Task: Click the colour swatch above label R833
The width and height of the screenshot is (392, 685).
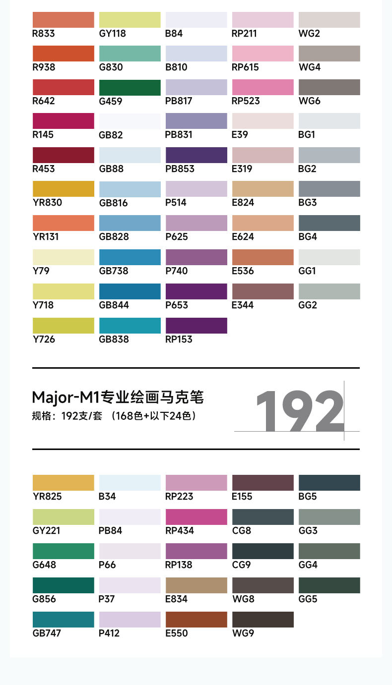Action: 63,20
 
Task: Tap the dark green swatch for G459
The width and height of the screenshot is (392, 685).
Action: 130,87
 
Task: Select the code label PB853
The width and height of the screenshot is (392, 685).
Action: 180,169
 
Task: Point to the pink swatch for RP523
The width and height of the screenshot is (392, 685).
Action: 262,87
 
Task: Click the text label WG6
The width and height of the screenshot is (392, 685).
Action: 309,101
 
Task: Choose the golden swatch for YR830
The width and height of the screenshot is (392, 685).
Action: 63,189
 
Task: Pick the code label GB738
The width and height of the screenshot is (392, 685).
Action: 114,271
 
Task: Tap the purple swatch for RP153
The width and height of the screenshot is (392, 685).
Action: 196,326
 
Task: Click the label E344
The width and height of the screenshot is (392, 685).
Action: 243,305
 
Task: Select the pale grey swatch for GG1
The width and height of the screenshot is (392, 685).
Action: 329,257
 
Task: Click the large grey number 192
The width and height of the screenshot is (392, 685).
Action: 300,411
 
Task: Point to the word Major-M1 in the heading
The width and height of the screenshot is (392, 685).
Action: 66,398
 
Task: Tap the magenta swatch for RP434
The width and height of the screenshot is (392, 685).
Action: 196,517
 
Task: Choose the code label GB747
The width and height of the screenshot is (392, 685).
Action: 48,633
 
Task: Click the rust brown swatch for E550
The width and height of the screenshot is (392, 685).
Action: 196,620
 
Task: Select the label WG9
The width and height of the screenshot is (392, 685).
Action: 243,633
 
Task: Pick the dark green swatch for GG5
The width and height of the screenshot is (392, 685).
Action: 329,585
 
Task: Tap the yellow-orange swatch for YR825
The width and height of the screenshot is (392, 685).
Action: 63,483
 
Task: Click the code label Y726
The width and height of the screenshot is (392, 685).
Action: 44,340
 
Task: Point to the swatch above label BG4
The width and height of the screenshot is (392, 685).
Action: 329,223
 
